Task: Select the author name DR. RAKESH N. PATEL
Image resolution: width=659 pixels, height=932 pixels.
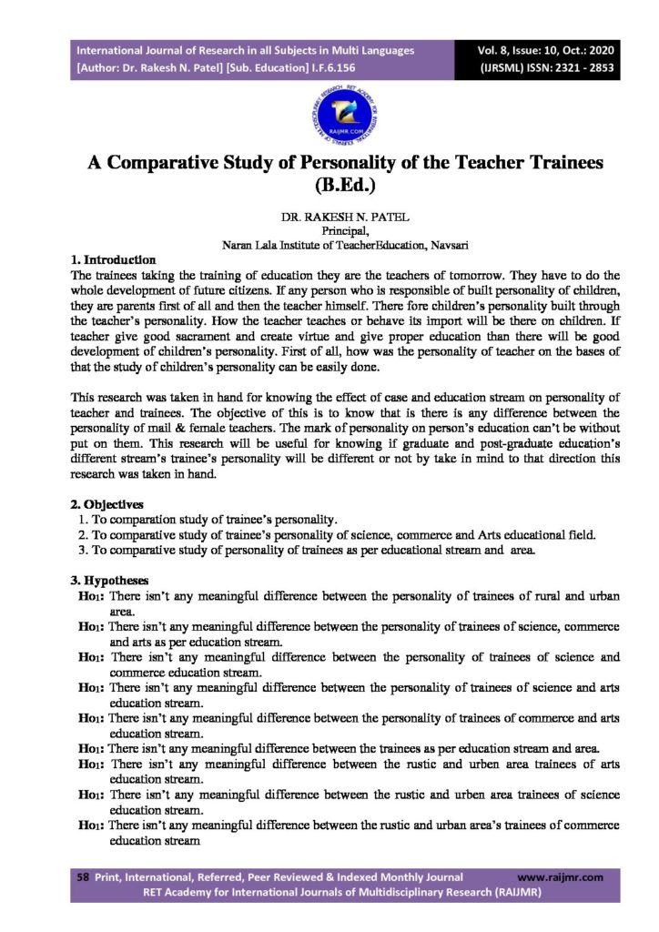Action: click(x=329, y=219)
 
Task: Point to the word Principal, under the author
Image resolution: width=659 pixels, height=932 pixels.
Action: click(x=330, y=232)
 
